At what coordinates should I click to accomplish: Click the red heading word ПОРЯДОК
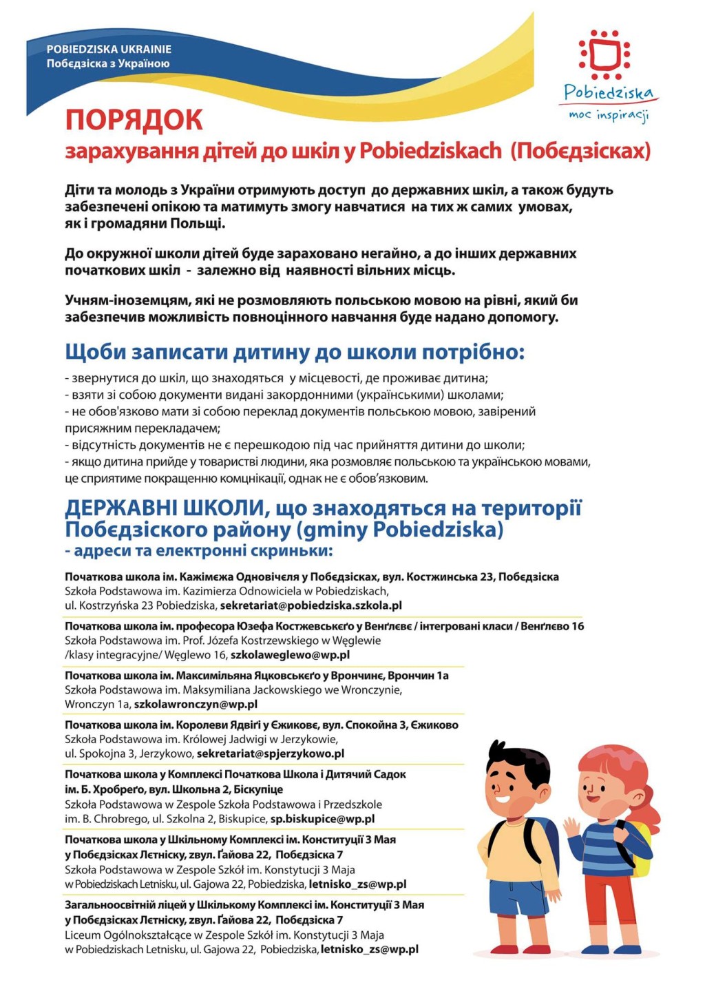(134, 120)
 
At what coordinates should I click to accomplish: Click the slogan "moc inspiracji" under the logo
(609, 115)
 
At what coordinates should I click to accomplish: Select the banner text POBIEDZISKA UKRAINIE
(109, 50)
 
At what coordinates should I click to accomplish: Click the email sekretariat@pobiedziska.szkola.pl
(311, 605)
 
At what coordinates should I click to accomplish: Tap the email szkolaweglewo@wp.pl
(290, 655)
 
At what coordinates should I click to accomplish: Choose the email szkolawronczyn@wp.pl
(196, 705)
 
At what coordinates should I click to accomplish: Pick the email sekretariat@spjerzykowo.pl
(271, 753)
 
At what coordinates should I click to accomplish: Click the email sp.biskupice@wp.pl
(322, 819)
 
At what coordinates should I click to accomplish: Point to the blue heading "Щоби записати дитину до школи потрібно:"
(295, 352)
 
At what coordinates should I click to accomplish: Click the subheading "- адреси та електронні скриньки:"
(199, 551)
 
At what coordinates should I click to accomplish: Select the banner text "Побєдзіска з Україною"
(108, 64)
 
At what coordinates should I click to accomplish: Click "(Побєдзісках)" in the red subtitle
(580, 151)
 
